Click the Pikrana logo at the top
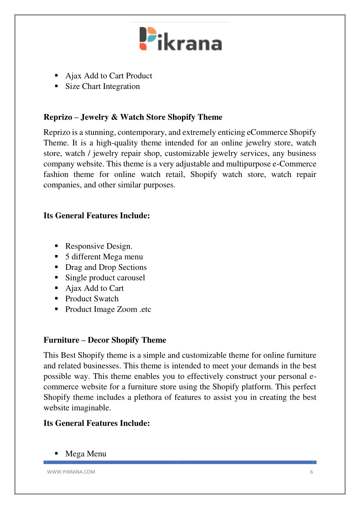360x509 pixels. tap(181, 39)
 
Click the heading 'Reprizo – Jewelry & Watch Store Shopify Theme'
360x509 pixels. tap(133, 117)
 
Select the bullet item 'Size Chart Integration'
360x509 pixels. tap(102, 87)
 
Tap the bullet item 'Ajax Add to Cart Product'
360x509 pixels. tap(108, 76)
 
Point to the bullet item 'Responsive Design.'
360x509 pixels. tap(99, 246)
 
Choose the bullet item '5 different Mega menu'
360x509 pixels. tap(104, 257)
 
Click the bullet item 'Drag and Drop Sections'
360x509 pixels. tap(106, 267)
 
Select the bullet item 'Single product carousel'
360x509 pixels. tap(105, 278)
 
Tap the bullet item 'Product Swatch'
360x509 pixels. tap(92, 299)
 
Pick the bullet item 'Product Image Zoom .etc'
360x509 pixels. tap(108, 310)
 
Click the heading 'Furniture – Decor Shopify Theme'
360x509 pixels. tap(105, 340)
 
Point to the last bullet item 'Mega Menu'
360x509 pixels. tap(86, 454)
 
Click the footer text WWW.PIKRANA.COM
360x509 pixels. tap(71, 472)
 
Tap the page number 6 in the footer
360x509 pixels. tap(311, 472)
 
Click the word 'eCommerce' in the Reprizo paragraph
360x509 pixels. tap(267, 133)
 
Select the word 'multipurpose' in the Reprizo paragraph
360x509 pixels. tap(248, 164)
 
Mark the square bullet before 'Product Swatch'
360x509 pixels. tap(56, 299)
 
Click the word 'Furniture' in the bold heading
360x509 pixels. tap(61, 340)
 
